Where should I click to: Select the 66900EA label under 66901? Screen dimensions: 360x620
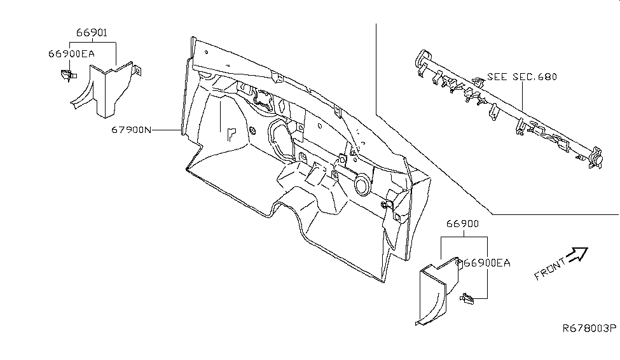71,54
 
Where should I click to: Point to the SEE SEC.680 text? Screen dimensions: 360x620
522,77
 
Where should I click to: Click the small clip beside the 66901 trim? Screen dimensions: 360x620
64,76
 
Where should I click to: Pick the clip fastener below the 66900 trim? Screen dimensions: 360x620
469,296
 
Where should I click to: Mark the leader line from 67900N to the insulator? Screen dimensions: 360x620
167,130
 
